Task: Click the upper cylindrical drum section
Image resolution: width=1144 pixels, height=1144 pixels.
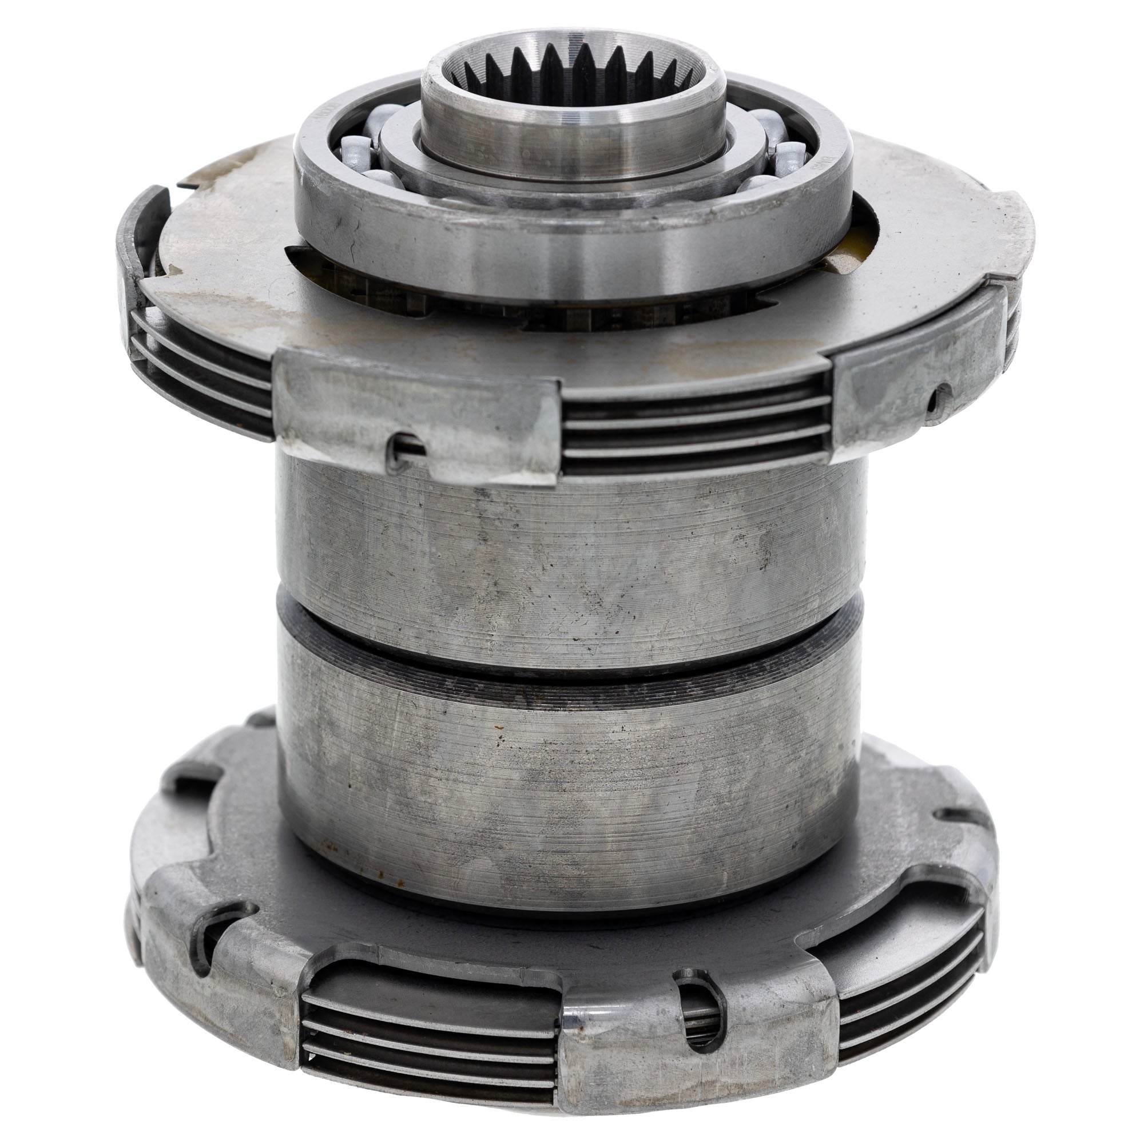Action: [569, 533]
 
